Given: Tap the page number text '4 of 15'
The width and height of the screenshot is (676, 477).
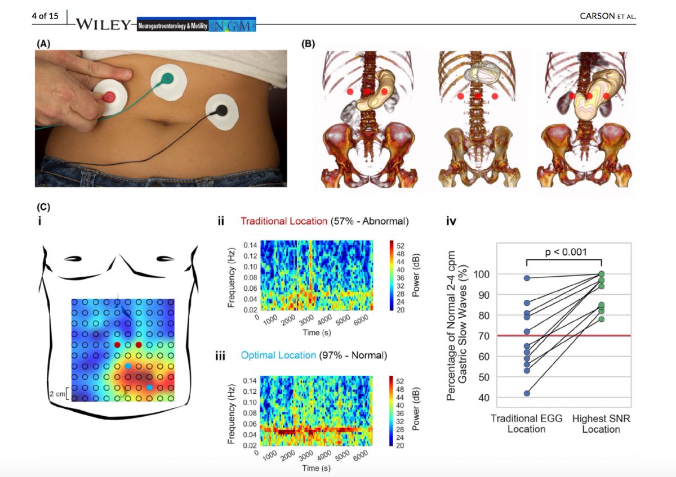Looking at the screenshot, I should click(45, 16).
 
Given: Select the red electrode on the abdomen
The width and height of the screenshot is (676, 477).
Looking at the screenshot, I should click(108, 97).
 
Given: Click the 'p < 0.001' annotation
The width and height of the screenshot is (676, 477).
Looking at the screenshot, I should click(564, 252).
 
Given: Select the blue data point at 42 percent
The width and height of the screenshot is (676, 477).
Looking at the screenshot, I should click(527, 393).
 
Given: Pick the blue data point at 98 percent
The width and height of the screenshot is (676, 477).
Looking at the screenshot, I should click(527, 278).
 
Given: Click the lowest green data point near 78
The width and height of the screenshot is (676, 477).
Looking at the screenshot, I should click(602, 319).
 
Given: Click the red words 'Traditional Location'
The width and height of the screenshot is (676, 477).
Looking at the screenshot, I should click(283, 222).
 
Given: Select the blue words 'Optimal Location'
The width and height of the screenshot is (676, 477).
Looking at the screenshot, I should click(278, 355).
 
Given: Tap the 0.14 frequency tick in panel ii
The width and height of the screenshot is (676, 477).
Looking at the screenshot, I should click(251, 245).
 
